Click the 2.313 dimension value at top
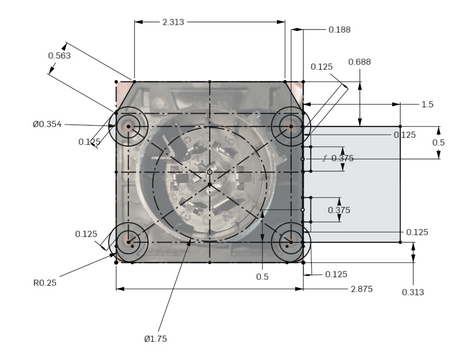(173, 22)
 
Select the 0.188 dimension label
(339, 30)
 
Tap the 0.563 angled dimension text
(59, 55)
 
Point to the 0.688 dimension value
(359, 62)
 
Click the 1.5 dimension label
(427, 104)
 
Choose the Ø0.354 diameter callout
(47, 125)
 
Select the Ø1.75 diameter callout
(155, 339)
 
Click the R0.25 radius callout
(44, 283)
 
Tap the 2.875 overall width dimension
(362, 289)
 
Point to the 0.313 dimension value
(413, 292)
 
